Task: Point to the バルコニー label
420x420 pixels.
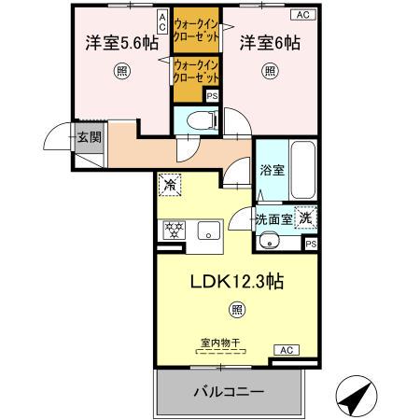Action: click(x=230, y=392)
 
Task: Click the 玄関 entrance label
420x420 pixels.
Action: click(x=89, y=138)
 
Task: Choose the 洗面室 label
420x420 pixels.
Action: click(x=274, y=219)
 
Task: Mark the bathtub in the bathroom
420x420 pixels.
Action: click(x=303, y=170)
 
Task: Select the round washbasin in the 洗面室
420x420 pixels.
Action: click(x=271, y=242)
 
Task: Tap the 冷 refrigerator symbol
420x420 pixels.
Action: click(x=169, y=184)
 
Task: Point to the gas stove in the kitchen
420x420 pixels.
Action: click(x=174, y=230)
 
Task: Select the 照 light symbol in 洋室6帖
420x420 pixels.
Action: click(x=270, y=71)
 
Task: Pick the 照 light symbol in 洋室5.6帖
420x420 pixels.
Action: click(x=121, y=71)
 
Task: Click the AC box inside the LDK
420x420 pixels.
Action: click(x=286, y=349)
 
